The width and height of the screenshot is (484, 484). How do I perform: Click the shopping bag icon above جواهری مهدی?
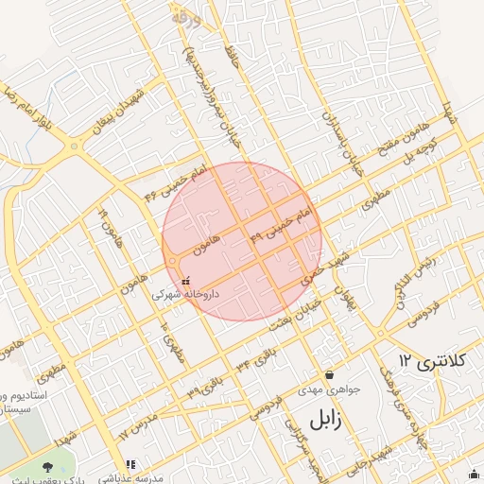[328, 374]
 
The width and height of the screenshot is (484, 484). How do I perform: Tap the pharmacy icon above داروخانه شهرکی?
[185, 280]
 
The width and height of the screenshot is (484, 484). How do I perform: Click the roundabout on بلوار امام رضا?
[75, 147]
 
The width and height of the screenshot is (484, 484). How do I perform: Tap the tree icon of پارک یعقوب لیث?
[48, 466]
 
